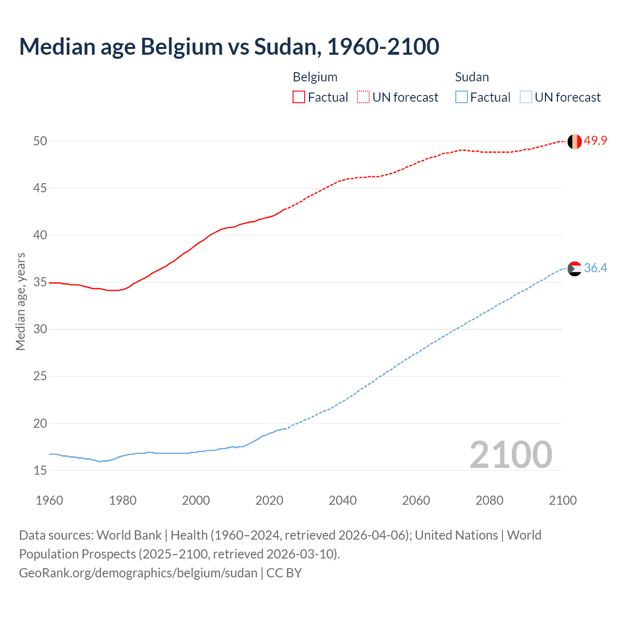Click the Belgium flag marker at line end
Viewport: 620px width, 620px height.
[574, 141]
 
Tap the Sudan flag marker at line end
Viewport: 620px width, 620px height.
[574, 268]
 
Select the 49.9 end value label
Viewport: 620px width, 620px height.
[595, 141]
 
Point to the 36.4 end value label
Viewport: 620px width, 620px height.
[595, 268]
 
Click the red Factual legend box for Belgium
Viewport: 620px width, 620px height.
[299, 97]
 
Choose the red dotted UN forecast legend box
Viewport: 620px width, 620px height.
[363, 97]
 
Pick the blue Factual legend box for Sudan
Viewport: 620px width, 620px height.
[461, 97]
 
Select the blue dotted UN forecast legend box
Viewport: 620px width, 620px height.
[526, 97]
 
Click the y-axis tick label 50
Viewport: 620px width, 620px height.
[40, 141]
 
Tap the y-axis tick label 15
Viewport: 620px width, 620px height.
[40, 470]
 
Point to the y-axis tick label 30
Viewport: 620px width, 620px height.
[40, 329]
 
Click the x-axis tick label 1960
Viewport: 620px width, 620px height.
[49, 500]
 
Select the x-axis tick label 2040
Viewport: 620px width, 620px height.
[342, 500]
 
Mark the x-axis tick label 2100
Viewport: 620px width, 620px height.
[563, 500]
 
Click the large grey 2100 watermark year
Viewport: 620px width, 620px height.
[511, 455]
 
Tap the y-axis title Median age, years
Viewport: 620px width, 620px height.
[20, 301]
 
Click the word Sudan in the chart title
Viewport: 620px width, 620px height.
[285, 46]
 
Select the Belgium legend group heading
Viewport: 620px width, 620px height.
[315, 77]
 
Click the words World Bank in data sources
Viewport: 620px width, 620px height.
[129, 535]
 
